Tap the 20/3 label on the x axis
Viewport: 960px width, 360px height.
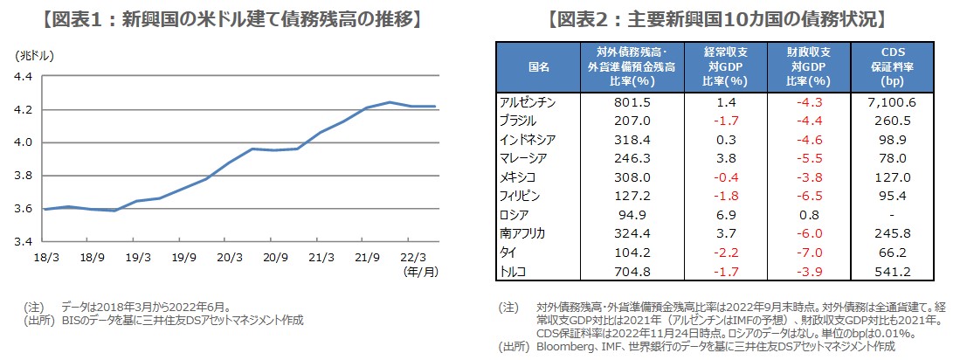[x=230, y=258]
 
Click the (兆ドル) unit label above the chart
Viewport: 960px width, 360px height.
[x=34, y=55]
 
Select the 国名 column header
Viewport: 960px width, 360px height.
[x=539, y=66]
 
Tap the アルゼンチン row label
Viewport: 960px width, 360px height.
[x=526, y=101]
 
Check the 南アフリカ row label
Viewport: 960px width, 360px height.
[x=522, y=234]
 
